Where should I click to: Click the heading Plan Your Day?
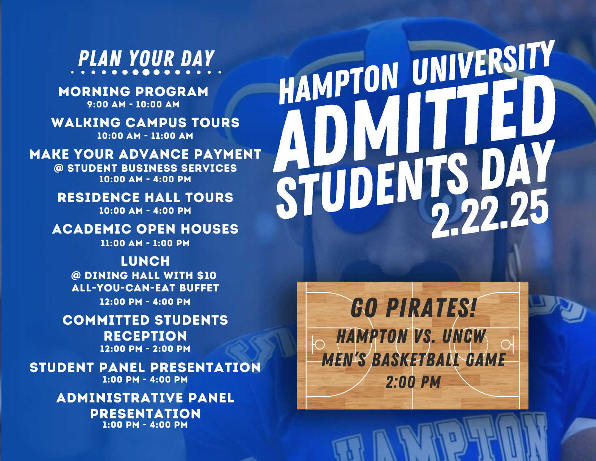tap(146, 59)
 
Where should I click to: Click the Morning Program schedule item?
tap(133, 92)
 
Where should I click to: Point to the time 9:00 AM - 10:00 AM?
tap(133, 104)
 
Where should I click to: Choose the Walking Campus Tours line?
tap(145, 123)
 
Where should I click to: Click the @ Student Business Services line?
tap(145, 168)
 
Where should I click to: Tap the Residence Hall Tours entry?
tap(145, 198)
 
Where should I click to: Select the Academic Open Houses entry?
tap(145, 229)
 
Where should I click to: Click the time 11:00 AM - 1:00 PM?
tap(145, 243)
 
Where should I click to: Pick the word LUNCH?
tap(145, 261)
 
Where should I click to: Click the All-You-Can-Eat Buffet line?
tap(145, 288)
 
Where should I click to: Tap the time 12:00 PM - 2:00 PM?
tap(145, 349)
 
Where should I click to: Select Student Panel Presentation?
tap(145, 368)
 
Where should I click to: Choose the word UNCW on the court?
tap(464, 336)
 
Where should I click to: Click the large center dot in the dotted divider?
tap(146, 72)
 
